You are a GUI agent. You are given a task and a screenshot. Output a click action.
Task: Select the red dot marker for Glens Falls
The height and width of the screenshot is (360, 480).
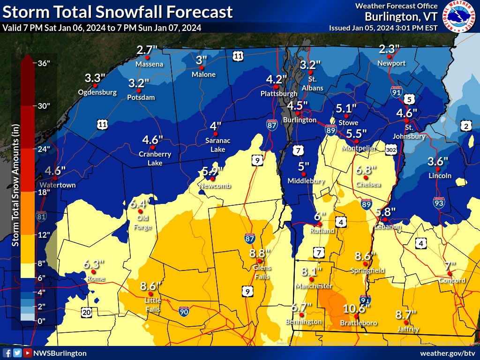259,261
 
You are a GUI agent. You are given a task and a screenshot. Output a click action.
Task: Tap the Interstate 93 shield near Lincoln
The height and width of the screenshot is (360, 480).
439,203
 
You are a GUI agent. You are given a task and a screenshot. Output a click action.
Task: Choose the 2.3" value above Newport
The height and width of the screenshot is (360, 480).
389,49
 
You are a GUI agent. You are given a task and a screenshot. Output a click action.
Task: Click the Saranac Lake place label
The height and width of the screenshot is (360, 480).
215,144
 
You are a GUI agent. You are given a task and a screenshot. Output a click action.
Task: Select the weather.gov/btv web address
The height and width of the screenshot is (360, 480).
447,353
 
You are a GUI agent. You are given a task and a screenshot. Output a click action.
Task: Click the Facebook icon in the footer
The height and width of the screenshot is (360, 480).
7,353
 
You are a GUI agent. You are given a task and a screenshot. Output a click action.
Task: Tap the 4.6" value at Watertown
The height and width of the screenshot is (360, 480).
55,171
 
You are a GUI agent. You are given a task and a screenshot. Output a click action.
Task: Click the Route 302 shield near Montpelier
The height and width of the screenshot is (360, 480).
391,149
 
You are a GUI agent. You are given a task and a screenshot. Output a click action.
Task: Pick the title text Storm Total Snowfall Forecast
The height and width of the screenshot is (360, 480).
117,12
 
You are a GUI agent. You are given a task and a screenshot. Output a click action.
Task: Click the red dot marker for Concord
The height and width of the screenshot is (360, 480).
449,273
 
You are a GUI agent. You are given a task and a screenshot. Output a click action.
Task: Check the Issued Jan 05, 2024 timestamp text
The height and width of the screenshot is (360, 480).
383,28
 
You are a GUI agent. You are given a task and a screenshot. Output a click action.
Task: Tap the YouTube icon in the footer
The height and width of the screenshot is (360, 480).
28,353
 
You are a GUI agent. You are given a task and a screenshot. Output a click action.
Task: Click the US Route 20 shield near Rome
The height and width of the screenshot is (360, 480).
86,312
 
